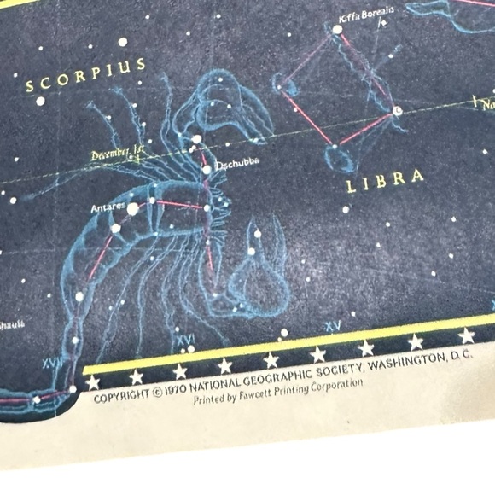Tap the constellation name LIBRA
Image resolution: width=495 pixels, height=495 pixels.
click(x=385, y=179)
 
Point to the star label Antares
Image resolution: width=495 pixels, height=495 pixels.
click(x=107, y=207)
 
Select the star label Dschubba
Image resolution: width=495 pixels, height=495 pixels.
click(x=236, y=163)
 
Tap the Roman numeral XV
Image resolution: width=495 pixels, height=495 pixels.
click(x=332, y=326)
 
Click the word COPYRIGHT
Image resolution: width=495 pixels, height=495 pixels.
click(x=120, y=397)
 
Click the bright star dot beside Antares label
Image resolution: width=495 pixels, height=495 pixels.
click(x=132, y=207)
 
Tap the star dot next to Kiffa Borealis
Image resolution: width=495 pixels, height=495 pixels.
click(x=337, y=29)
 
